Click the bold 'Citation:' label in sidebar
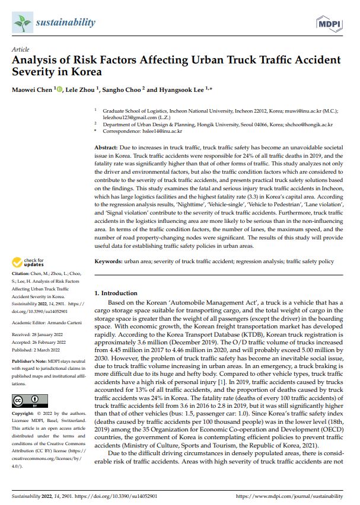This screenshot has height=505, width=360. point(23,274)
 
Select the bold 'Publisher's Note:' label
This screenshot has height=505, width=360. point(30,360)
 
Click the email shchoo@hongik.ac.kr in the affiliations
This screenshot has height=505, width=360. point(310,125)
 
